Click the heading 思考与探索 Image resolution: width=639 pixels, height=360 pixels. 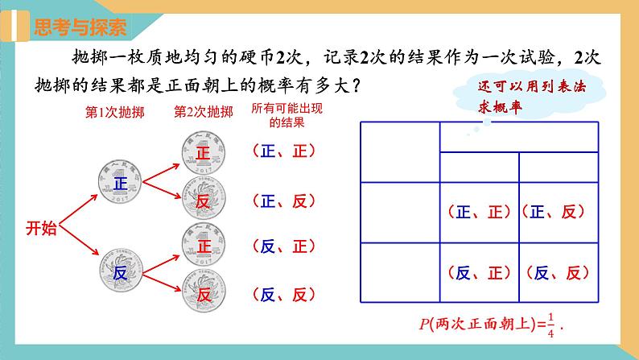pos(80,27)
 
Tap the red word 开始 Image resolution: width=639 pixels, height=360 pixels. pos(41,228)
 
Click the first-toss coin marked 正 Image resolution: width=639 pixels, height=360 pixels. pos(120,183)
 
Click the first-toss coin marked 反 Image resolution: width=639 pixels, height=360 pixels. pos(120,273)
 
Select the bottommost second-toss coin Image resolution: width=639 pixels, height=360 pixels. pos(203,294)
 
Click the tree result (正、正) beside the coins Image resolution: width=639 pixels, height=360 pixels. pos(282,151)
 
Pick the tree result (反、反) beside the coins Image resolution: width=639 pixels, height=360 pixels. pos(282,294)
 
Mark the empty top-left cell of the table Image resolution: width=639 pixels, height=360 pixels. pos(399,152)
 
